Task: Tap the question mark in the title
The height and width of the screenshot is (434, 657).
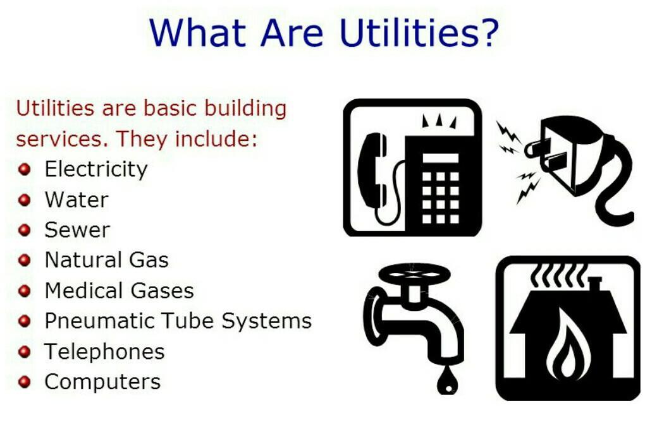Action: [488, 32]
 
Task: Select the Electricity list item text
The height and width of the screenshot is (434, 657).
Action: [96, 170]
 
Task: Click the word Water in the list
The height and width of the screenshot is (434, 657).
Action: [77, 200]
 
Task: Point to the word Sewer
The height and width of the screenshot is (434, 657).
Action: [77, 230]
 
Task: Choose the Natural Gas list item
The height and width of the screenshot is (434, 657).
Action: [106, 260]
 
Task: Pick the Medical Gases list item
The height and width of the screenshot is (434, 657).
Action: [119, 291]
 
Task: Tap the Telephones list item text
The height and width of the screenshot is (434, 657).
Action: [104, 351]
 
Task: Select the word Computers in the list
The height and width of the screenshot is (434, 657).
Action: [102, 382]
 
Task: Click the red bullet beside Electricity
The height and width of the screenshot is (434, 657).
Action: [25, 169]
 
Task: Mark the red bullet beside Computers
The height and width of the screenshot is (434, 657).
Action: [25, 382]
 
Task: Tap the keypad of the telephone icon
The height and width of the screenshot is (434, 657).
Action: [440, 196]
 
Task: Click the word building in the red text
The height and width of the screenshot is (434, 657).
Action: [245, 109]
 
